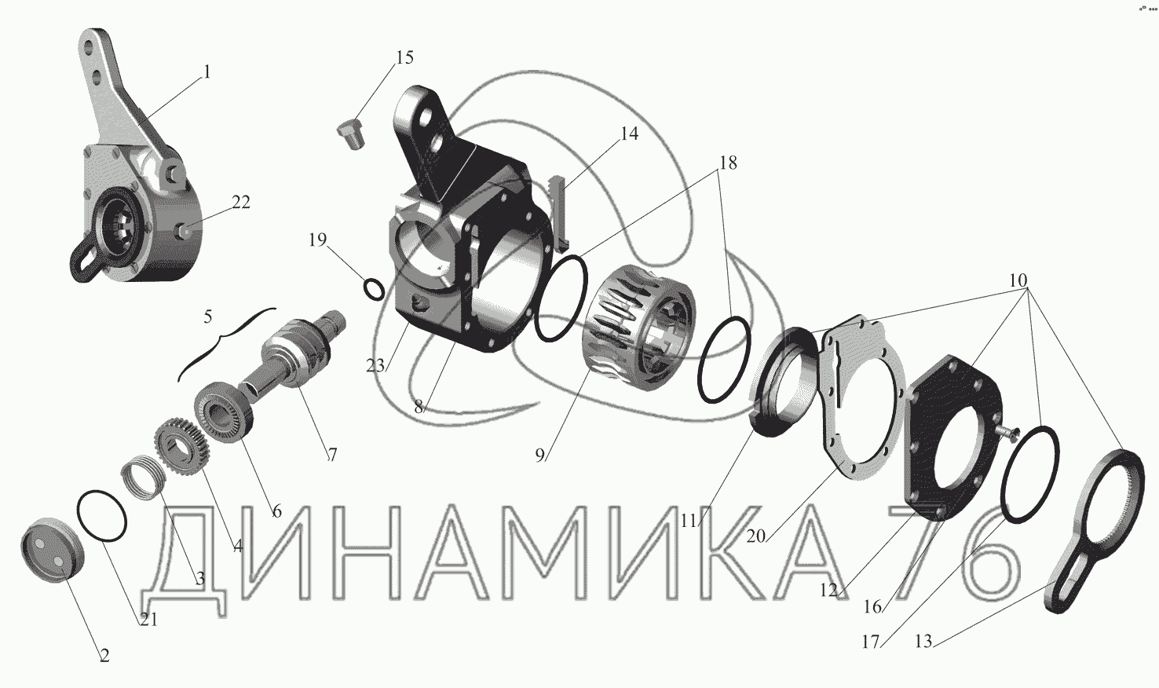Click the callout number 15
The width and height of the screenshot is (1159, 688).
pos(405,57)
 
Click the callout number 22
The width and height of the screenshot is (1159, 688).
pos(240,202)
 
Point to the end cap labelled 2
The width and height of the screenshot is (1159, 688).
pos(53,549)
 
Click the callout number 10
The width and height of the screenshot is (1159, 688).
pos(1018,280)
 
